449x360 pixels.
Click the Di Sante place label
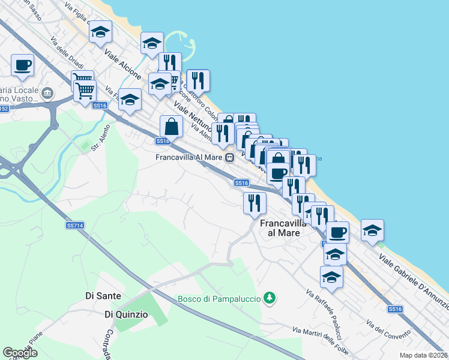pos(104,296)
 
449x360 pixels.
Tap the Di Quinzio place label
pos(125,314)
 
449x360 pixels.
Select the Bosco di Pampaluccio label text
pos(219,298)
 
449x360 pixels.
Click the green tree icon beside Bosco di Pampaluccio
pos(270,297)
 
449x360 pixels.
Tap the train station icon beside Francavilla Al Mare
pos(229,158)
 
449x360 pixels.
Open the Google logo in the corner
pos(20,353)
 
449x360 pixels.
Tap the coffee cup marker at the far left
pos(23,65)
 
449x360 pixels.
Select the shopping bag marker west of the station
pos(172,127)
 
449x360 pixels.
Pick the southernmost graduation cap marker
pos(331,277)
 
